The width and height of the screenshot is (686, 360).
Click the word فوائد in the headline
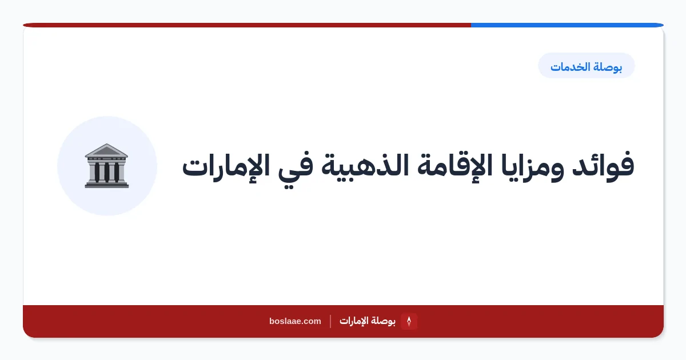pyautogui.click(x=603, y=165)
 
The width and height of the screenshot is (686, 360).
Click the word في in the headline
pyautogui.click(x=295, y=169)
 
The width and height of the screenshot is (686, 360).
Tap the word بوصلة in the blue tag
pyautogui.click(x=608, y=67)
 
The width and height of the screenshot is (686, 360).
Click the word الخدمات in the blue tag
pyautogui.click(x=571, y=66)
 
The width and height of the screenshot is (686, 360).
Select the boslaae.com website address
pyautogui.click(x=295, y=321)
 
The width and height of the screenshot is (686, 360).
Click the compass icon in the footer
pyautogui.click(x=409, y=321)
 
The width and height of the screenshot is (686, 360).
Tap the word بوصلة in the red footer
pyautogui.click(x=382, y=321)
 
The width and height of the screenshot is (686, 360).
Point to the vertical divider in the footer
pyautogui.click(x=330, y=321)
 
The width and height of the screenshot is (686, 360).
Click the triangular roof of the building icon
pyautogui.click(x=106, y=150)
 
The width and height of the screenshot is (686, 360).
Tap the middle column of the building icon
pyautogui.click(x=106, y=172)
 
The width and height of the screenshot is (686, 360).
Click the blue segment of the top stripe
pyautogui.click(x=567, y=25)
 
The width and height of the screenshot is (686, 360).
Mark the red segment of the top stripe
pyautogui.click(x=247, y=25)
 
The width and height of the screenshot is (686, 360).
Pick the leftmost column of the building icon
pyautogui.click(x=97, y=172)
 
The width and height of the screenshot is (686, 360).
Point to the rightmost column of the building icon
pyautogui.click(x=117, y=172)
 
